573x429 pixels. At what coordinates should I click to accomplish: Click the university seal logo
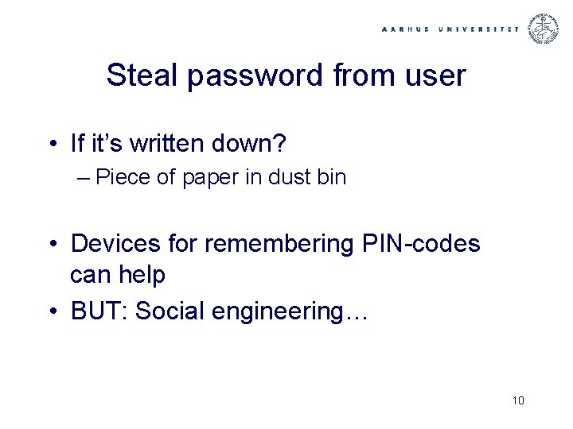tap(545, 28)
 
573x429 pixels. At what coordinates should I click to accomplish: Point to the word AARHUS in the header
tap(407, 29)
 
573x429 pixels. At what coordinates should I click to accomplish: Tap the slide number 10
tap(518, 400)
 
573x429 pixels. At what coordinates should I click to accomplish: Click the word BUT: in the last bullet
tap(99, 311)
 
